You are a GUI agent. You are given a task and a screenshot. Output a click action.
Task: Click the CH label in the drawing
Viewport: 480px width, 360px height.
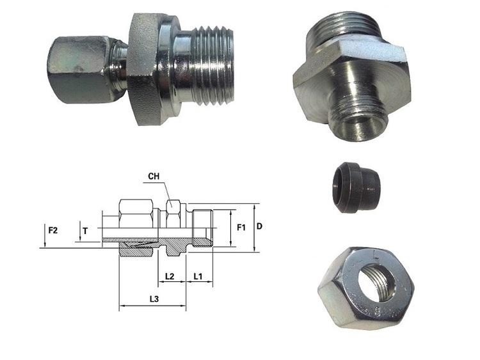154,176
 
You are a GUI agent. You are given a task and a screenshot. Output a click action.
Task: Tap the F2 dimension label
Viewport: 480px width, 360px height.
53,230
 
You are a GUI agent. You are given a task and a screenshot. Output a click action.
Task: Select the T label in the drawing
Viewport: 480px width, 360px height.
85,231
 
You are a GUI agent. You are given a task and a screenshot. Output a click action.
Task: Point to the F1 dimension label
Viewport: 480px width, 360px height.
241,228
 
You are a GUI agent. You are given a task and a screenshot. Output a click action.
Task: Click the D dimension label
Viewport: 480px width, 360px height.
259,226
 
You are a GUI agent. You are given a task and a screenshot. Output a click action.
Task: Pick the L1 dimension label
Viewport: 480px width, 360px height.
198,276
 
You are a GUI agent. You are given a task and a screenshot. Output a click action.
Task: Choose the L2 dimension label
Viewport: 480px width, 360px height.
170,276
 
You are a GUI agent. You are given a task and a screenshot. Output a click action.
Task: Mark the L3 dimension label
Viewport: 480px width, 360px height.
154,299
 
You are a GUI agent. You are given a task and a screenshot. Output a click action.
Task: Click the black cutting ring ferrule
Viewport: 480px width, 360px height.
356,187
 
